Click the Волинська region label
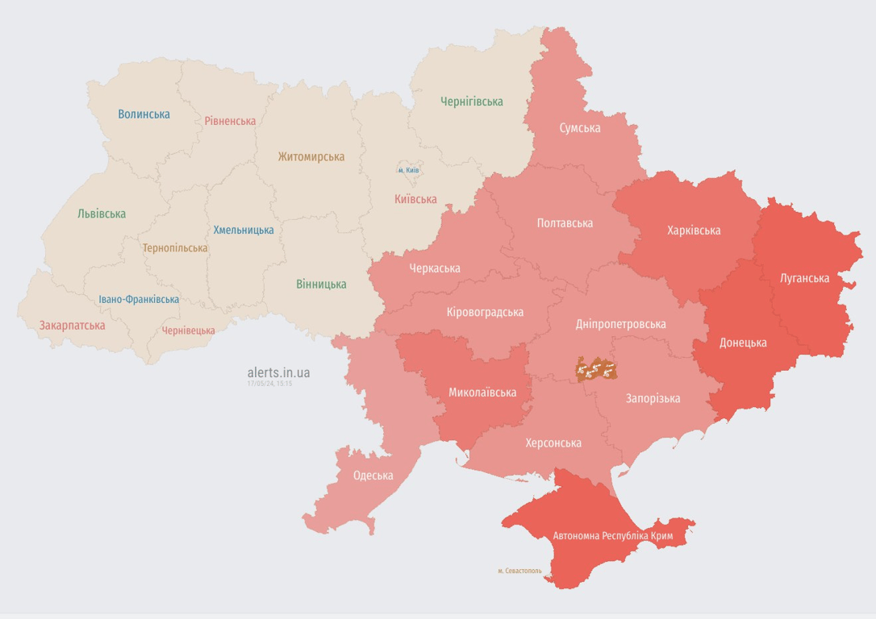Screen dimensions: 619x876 click(144, 114)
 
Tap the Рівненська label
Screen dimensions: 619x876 click(230, 121)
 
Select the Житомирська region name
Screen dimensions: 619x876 click(311, 157)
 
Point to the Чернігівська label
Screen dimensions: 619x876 click(472, 102)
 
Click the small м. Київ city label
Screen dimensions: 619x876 click(408, 170)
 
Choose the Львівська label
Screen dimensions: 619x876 click(102, 214)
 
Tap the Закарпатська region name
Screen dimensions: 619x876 click(72, 326)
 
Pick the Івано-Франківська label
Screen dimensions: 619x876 click(139, 299)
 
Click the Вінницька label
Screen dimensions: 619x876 click(321, 284)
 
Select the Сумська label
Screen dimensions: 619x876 click(580, 128)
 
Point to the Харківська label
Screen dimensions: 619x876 click(694, 231)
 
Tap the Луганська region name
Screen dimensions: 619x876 click(804, 278)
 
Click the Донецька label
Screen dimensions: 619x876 click(743, 343)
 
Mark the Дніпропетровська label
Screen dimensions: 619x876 click(620, 324)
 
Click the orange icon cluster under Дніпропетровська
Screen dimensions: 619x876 click(596, 369)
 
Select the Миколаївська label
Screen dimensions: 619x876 click(482, 393)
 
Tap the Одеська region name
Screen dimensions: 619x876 click(373, 476)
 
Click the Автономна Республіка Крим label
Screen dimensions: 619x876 click(613, 536)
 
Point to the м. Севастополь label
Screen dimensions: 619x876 click(519, 571)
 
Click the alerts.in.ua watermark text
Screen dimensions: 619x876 click(278, 372)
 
